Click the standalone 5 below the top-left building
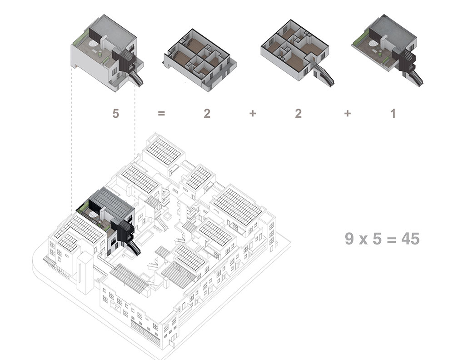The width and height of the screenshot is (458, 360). click(x=116, y=113)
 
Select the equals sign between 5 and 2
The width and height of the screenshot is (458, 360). click(x=161, y=113)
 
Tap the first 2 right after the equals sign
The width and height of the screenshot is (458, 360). click(x=207, y=113)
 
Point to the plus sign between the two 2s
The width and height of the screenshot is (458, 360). click(x=253, y=113)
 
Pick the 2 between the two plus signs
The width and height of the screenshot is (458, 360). click(x=298, y=113)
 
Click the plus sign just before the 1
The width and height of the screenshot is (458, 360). click(x=347, y=113)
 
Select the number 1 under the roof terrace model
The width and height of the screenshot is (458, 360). click(x=393, y=113)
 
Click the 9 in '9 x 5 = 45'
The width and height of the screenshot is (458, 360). click(x=349, y=239)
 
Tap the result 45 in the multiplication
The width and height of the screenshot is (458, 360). click(x=410, y=239)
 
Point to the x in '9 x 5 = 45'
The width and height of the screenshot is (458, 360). click(x=363, y=240)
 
